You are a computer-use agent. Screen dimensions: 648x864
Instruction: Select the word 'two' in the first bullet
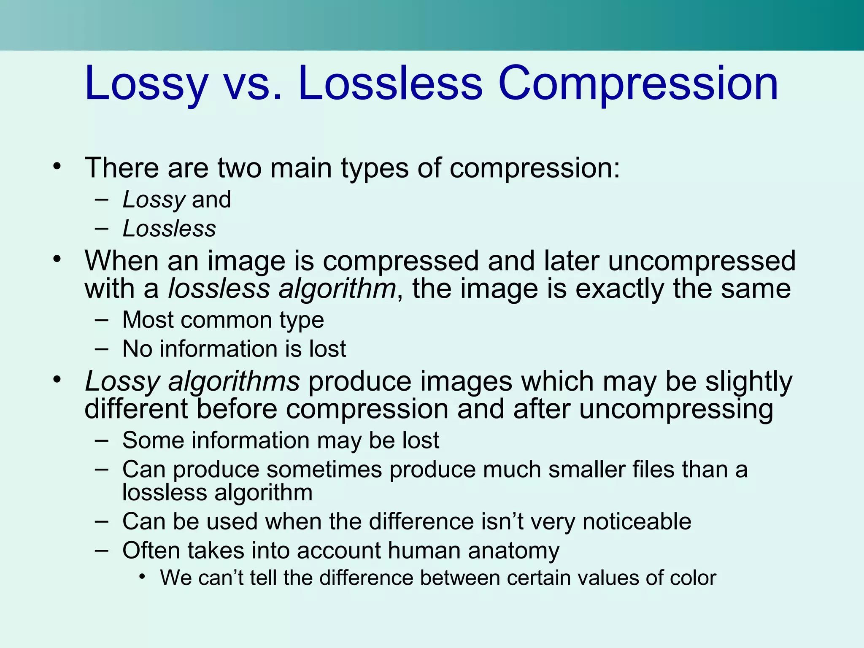tap(239, 168)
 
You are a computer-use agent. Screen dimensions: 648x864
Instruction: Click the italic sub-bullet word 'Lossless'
tap(169, 229)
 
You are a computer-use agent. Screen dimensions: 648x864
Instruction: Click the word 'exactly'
tap(619, 289)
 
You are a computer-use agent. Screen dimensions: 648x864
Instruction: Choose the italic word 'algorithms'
tap(234, 382)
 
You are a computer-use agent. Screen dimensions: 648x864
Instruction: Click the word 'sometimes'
tap(324, 470)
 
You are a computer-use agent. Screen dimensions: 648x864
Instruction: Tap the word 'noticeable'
tap(637, 521)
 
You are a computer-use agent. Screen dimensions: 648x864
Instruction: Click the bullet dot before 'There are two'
tap(57, 166)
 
